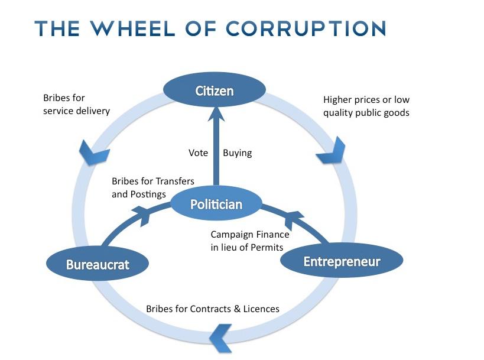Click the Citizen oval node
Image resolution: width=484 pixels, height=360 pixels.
(x=215, y=91)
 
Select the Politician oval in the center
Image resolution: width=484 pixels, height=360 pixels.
(x=216, y=205)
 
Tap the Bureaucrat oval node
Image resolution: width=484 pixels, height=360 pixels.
(x=98, y=263)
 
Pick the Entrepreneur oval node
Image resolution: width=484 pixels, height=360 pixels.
(x=341, y=261)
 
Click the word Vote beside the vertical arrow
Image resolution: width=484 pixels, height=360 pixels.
(x=198, y=153)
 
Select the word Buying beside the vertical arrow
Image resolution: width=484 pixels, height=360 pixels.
(x=237, y=153)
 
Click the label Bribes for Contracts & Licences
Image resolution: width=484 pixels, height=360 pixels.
(x=213, y=309)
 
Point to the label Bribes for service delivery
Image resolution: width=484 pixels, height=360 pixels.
(x=76, y=105)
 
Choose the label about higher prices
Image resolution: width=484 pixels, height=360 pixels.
(x=366, y=106)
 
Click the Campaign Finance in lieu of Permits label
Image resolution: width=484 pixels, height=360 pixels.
(x=250, y=241)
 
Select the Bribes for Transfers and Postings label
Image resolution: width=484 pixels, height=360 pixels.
(x=153, y=187)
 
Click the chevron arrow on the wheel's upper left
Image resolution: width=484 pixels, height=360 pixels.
(x=93, y=153)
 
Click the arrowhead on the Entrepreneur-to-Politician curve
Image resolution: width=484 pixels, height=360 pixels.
(x=290, y=222)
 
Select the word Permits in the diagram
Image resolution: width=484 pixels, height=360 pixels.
(x=268, y=248)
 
